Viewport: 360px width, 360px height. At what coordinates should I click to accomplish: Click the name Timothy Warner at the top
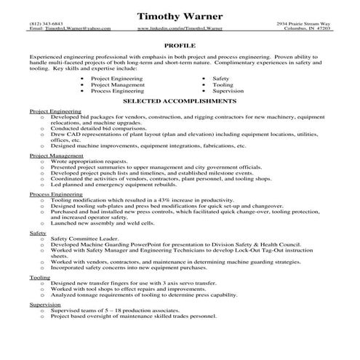click(180, 15)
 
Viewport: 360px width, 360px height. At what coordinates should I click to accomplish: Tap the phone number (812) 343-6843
click(45, 23)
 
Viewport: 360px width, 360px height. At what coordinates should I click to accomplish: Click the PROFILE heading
click(180, 45)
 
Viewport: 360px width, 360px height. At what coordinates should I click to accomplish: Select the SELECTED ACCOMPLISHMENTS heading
click(180, 102)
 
